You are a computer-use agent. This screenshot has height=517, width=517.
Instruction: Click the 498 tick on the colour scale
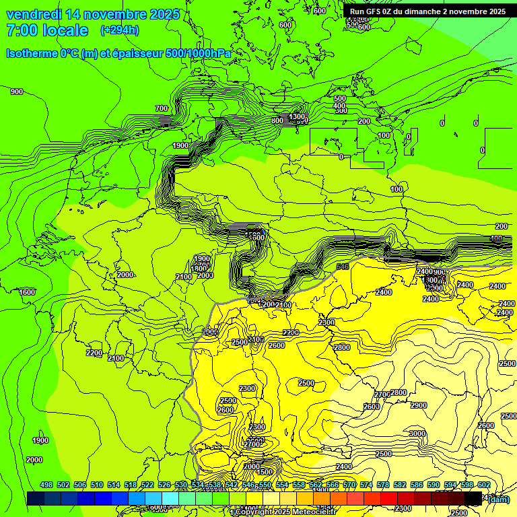coord(46,485)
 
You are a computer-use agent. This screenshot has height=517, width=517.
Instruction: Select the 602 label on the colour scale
coord(483,485)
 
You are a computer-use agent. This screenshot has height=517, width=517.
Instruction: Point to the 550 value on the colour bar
coord(265,485)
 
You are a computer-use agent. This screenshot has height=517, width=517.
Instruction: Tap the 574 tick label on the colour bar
coord(366,485)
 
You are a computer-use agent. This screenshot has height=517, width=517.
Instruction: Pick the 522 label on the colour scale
coord(147,485)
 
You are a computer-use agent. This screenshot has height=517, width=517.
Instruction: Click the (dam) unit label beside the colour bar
coord(499,499)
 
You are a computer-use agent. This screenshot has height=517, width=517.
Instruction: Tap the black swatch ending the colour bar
coord(473,498)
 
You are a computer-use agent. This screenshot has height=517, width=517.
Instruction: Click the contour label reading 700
coord(162,108)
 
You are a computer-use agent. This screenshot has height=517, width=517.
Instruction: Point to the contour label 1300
coord(297,116)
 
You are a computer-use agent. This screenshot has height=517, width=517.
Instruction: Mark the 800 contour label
coord(277,121)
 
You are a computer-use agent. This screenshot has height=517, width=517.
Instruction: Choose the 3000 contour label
coord(417,434)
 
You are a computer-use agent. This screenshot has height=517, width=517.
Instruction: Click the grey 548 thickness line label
coord(343,267)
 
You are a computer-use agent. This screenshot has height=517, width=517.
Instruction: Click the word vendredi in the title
coord(34,14)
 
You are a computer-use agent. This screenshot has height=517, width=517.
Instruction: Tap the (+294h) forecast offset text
coord(120,30)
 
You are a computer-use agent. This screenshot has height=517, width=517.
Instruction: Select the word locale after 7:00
coord(65,30)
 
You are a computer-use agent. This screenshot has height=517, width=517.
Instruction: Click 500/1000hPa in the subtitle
coord(198,53)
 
